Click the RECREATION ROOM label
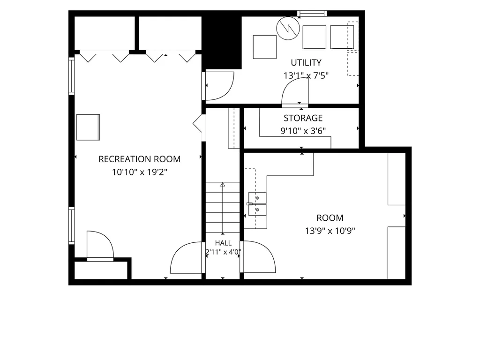(139, 159)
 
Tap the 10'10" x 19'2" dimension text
(140, 172)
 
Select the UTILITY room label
(306, 63)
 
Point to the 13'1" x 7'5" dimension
(306, 75)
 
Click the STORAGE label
(303, 118)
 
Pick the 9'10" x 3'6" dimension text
(303, 131)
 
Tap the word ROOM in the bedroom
(330, 218)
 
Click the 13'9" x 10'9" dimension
(330, 231)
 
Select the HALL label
(223, 243)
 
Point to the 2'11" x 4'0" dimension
(223, 252)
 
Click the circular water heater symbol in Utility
(288, 28)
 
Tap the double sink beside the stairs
(257, 204)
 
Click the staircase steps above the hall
(223, 208)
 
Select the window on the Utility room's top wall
(312, 14)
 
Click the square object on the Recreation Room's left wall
(88, 127)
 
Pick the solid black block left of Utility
(222, 43)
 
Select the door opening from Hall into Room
(258, 256)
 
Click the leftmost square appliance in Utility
(265, 47)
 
